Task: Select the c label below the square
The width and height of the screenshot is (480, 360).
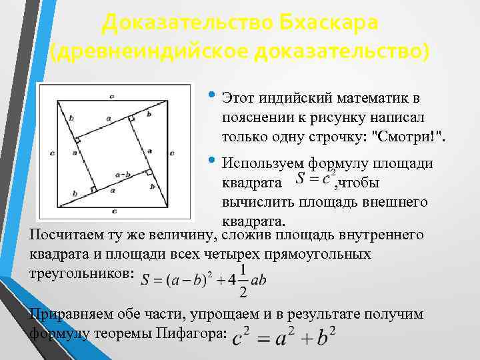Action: coord(114,211)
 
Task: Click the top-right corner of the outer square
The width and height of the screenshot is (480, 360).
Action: coord(167,100)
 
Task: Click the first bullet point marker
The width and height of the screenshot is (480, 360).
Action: coord(211,94)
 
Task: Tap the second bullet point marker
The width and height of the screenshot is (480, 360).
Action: coord(211,159)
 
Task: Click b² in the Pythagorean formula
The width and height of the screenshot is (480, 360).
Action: coord(323,338)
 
